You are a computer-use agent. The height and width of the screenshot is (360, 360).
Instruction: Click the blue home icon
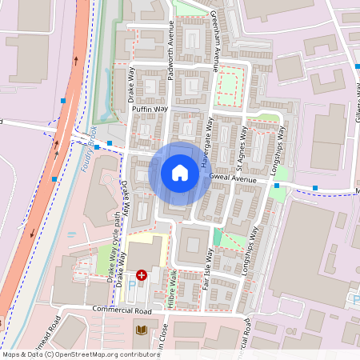coord(180,172)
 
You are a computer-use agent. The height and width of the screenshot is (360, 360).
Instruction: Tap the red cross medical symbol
coord(142,275)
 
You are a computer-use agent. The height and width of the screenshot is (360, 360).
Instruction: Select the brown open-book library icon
coord(142,329)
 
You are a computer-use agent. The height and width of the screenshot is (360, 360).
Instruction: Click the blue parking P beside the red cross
coord(132,285)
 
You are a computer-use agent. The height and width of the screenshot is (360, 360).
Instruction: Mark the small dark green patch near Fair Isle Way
coord(218,238)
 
